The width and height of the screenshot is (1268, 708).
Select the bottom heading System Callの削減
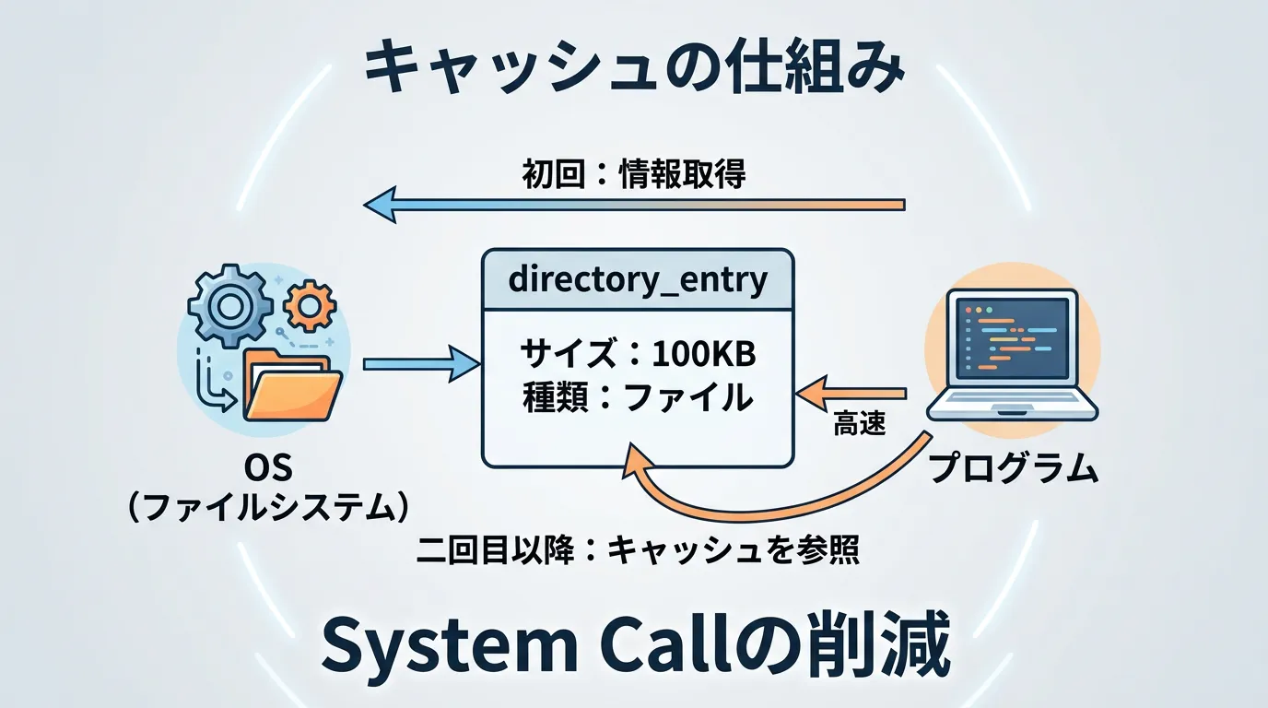pyautogui.click(x=634, y=649)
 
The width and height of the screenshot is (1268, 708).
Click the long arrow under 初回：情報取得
pyautogui.click(x=634, y=204)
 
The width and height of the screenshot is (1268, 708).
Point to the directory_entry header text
pyautogui.click(x=638, y=279)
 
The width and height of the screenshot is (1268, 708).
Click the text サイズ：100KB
pyautogui.click(x=638, y=353)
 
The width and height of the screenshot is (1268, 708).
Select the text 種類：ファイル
pyautogui.click(x=638, y=397)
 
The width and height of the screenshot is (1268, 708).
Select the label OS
pyautogui.click(x=267, y=469)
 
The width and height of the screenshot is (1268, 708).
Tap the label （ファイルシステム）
pyautogui.click(x=267, y=507)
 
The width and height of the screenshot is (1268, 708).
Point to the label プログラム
pyautogui.click(x=1014, y=469)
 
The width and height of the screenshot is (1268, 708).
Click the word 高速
pyautogui.click(x=859, y=425)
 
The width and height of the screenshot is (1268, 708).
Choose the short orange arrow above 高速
pyautogui.click(x=852, y=394)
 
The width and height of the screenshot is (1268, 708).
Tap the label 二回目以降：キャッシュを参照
pyautogui.click(x=638, y=550)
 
